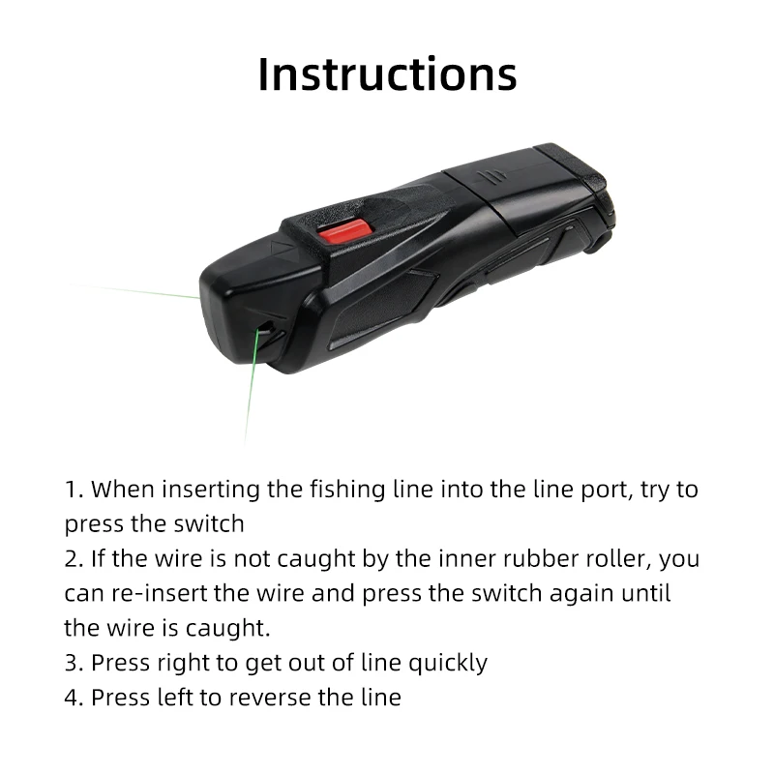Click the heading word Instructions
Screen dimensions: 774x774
387,74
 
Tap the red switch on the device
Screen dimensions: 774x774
344,230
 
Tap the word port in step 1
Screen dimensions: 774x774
608,490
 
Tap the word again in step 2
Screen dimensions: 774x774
577,593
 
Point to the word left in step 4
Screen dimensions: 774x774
176,698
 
